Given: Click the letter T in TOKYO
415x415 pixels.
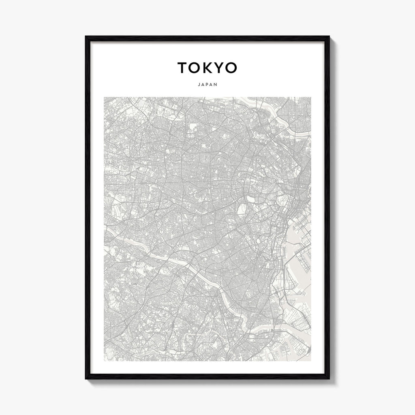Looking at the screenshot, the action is point(182,68).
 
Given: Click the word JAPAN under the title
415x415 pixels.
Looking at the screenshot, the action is point(207,85).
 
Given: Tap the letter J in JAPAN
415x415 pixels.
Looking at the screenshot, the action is point(200,85).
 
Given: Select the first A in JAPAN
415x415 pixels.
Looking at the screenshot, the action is point(203,85).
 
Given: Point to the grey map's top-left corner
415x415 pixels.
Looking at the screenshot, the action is point(104,97).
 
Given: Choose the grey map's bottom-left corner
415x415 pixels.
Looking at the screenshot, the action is point(104,360).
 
